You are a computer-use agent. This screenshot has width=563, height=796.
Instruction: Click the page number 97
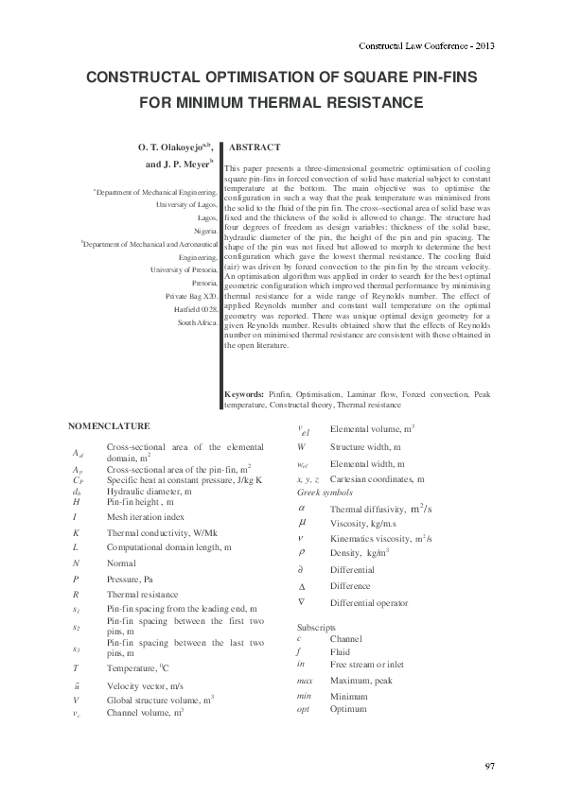click(x=489, y=765)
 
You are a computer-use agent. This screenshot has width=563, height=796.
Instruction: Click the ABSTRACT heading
click(x=255, y=148)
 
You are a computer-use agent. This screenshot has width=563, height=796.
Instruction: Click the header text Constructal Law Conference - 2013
click(x=427, y=45)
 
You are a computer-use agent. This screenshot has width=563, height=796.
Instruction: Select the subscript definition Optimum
click(x=347, y=708)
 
